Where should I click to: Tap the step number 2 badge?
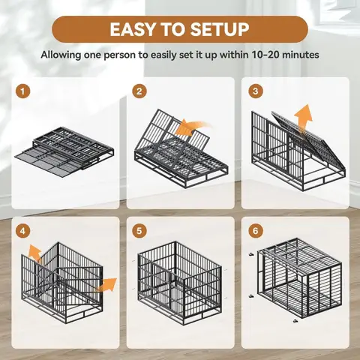(139, 91)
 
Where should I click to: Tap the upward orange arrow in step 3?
(304, 116)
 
